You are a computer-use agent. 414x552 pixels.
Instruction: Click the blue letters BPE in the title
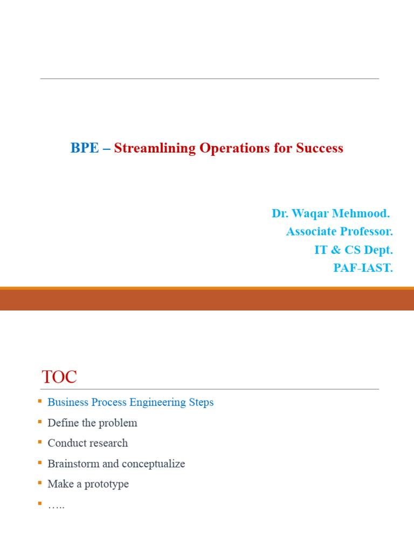[x=85, y=148]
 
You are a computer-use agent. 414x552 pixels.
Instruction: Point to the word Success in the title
[x=320, y=148]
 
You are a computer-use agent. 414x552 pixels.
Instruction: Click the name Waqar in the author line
[x=314, y=213]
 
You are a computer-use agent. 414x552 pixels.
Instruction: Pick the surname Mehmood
[x=362, y=213]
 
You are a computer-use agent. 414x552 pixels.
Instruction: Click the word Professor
[x=369, y=232]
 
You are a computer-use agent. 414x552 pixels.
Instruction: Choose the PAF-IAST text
[x=363, y=268]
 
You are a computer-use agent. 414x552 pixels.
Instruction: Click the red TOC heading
[x=59, y=377]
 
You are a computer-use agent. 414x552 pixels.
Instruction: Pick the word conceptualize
[x=153, y=464]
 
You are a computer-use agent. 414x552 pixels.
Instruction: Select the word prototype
[x=107, y=484]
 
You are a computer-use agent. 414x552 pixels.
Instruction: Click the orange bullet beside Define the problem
[x=39, y=422]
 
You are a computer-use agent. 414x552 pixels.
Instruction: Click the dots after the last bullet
[x=56, y=506]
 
